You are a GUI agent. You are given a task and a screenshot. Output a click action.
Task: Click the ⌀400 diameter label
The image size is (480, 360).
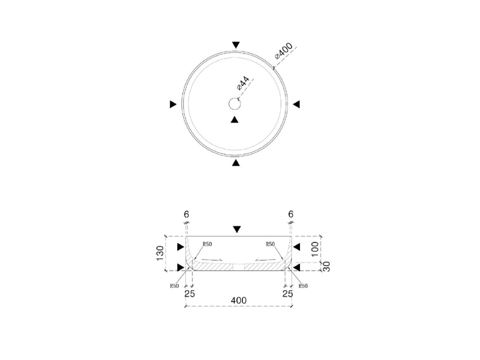click(284, 50)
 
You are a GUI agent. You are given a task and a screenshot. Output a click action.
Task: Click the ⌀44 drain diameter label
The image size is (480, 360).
click(243, 84)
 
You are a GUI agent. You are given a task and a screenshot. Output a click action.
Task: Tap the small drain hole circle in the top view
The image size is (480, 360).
click(235, 104)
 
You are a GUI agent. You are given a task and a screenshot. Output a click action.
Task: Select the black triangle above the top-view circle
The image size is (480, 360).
click(236, 45)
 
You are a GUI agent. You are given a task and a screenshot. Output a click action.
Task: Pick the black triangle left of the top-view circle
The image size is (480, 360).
click(173, 105)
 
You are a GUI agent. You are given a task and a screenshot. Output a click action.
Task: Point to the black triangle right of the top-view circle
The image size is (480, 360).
click(296, 105)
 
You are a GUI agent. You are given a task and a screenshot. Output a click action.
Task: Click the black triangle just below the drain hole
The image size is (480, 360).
click(234, 120)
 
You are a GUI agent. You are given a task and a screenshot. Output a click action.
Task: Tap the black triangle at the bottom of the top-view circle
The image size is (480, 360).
click(236, 163)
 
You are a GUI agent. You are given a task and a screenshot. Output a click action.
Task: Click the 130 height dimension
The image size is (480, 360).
click(160, 254)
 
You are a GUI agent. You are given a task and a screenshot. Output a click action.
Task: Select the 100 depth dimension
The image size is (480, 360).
click(315, 249)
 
